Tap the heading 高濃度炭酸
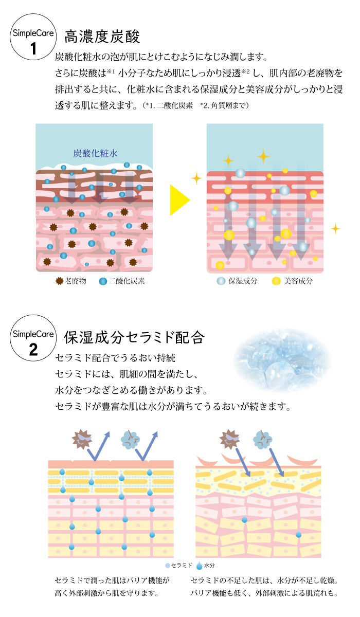pyautogui.click(x=102, y=37)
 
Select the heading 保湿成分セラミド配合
pyautogui.click(x=134, y=338)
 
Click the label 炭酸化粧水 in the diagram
pyautogui.click(x=95, y=153)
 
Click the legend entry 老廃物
pyautogui.click(x=71, y=281)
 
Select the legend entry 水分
pyautogui.click(x=205, y=566)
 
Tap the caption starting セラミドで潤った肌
pyautogui.click(x=112, y=587)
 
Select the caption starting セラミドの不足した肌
pyautogui.click(x=264, y=587)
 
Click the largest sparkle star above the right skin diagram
pyautogui.click(x=263, y=156)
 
